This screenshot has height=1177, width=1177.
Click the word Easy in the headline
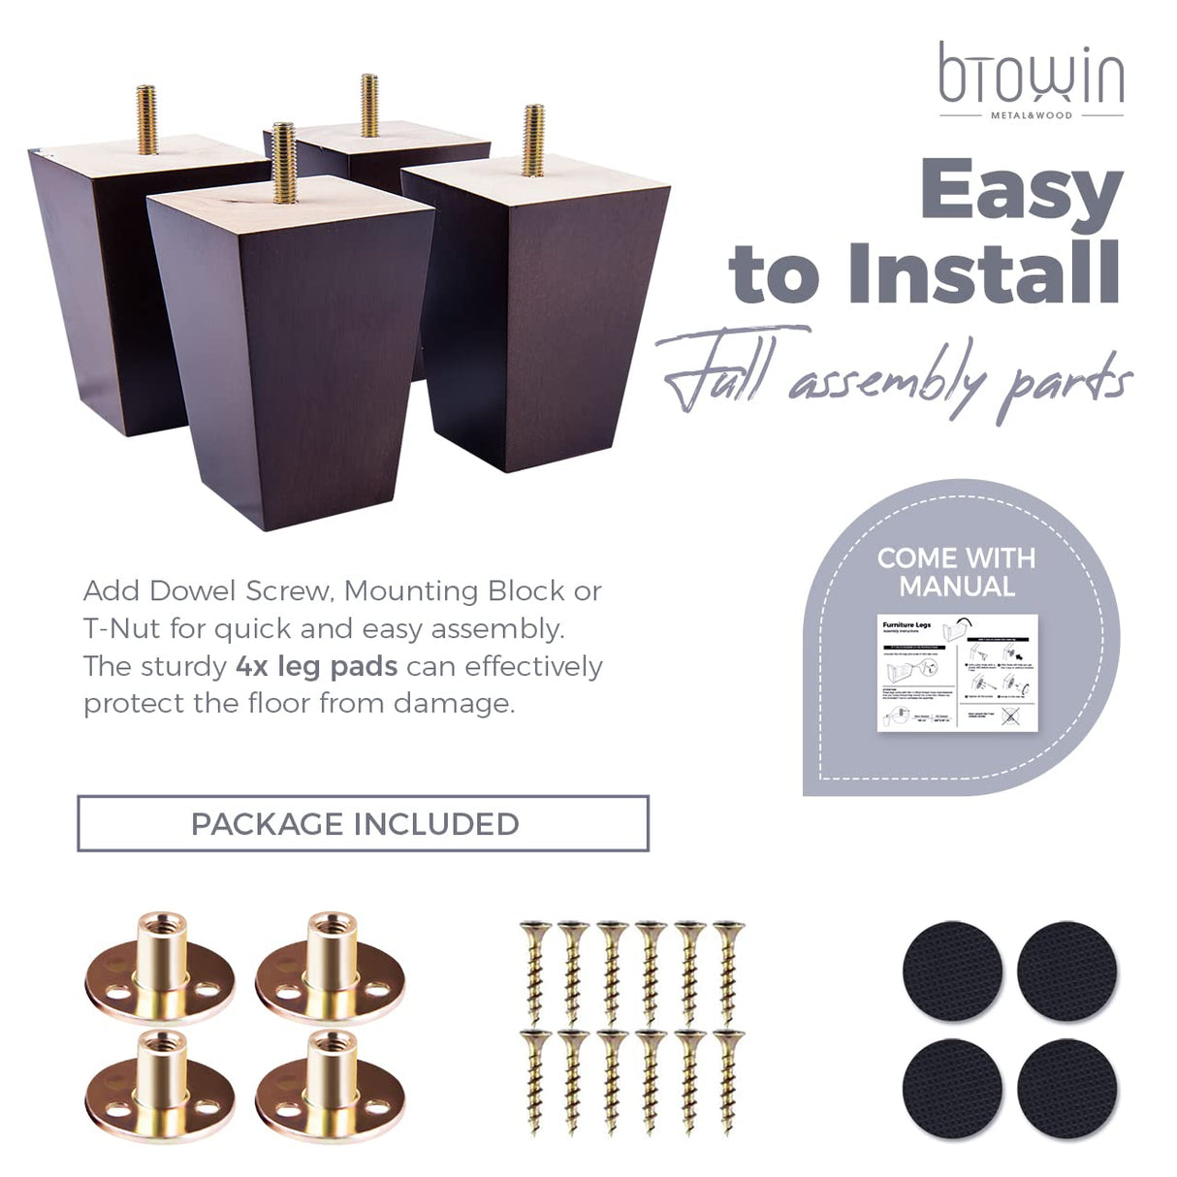(x=1021, y=193)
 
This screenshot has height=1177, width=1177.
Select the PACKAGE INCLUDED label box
(x=363, y=824)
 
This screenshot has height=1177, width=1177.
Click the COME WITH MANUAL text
(x=956, y=572)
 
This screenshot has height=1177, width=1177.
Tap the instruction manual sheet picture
(x=957, y=673)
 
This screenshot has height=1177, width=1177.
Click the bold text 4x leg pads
(x=316, y=666)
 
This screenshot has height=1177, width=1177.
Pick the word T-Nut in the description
(x=122, y=628)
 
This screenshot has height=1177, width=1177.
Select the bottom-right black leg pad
(x=1066, y=1085)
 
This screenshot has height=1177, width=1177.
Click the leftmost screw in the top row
(x=533, y=970)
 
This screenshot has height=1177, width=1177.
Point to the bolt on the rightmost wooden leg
(x=533, y=140)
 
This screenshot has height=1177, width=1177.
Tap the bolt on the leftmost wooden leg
(x=146, y=118)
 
